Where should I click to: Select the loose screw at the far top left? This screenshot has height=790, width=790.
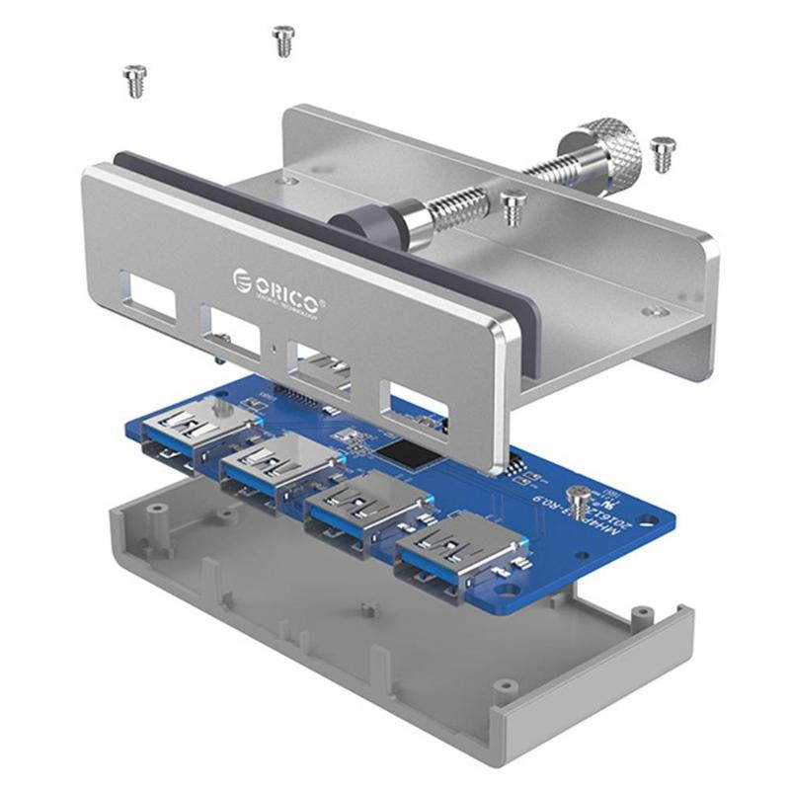(x=134, y=79)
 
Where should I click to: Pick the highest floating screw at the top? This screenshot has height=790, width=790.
(x=283, y=40)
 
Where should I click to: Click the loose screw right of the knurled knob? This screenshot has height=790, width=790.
(x=663, y=153)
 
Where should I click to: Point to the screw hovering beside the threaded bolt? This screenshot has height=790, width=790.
(x=512, y=207)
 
